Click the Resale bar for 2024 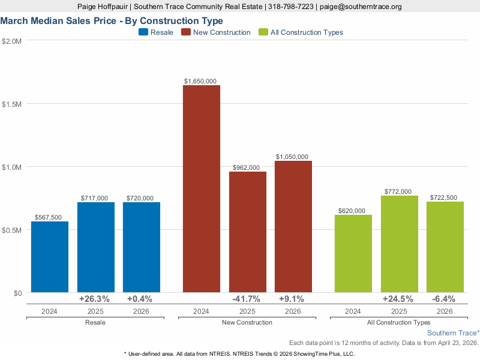tap(50, 257)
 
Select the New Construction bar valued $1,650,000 tap(202, 188)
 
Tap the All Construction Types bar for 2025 tap(399, 244)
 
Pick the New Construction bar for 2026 tap(293, 226)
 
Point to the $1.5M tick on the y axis tap(12, 104)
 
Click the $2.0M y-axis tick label tap(12, 41)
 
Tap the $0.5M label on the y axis tap(12, 230)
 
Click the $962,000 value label tap(247, 167)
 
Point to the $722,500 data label tap(445, 197)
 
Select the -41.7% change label tap(247, 299)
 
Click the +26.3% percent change tap(95, 299)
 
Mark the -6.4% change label tap(445, 299)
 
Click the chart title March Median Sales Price tap(112, 20)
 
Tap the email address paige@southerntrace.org tap(360, 7)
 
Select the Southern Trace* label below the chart tap(453, 332)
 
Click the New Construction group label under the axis tap(247, 323)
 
